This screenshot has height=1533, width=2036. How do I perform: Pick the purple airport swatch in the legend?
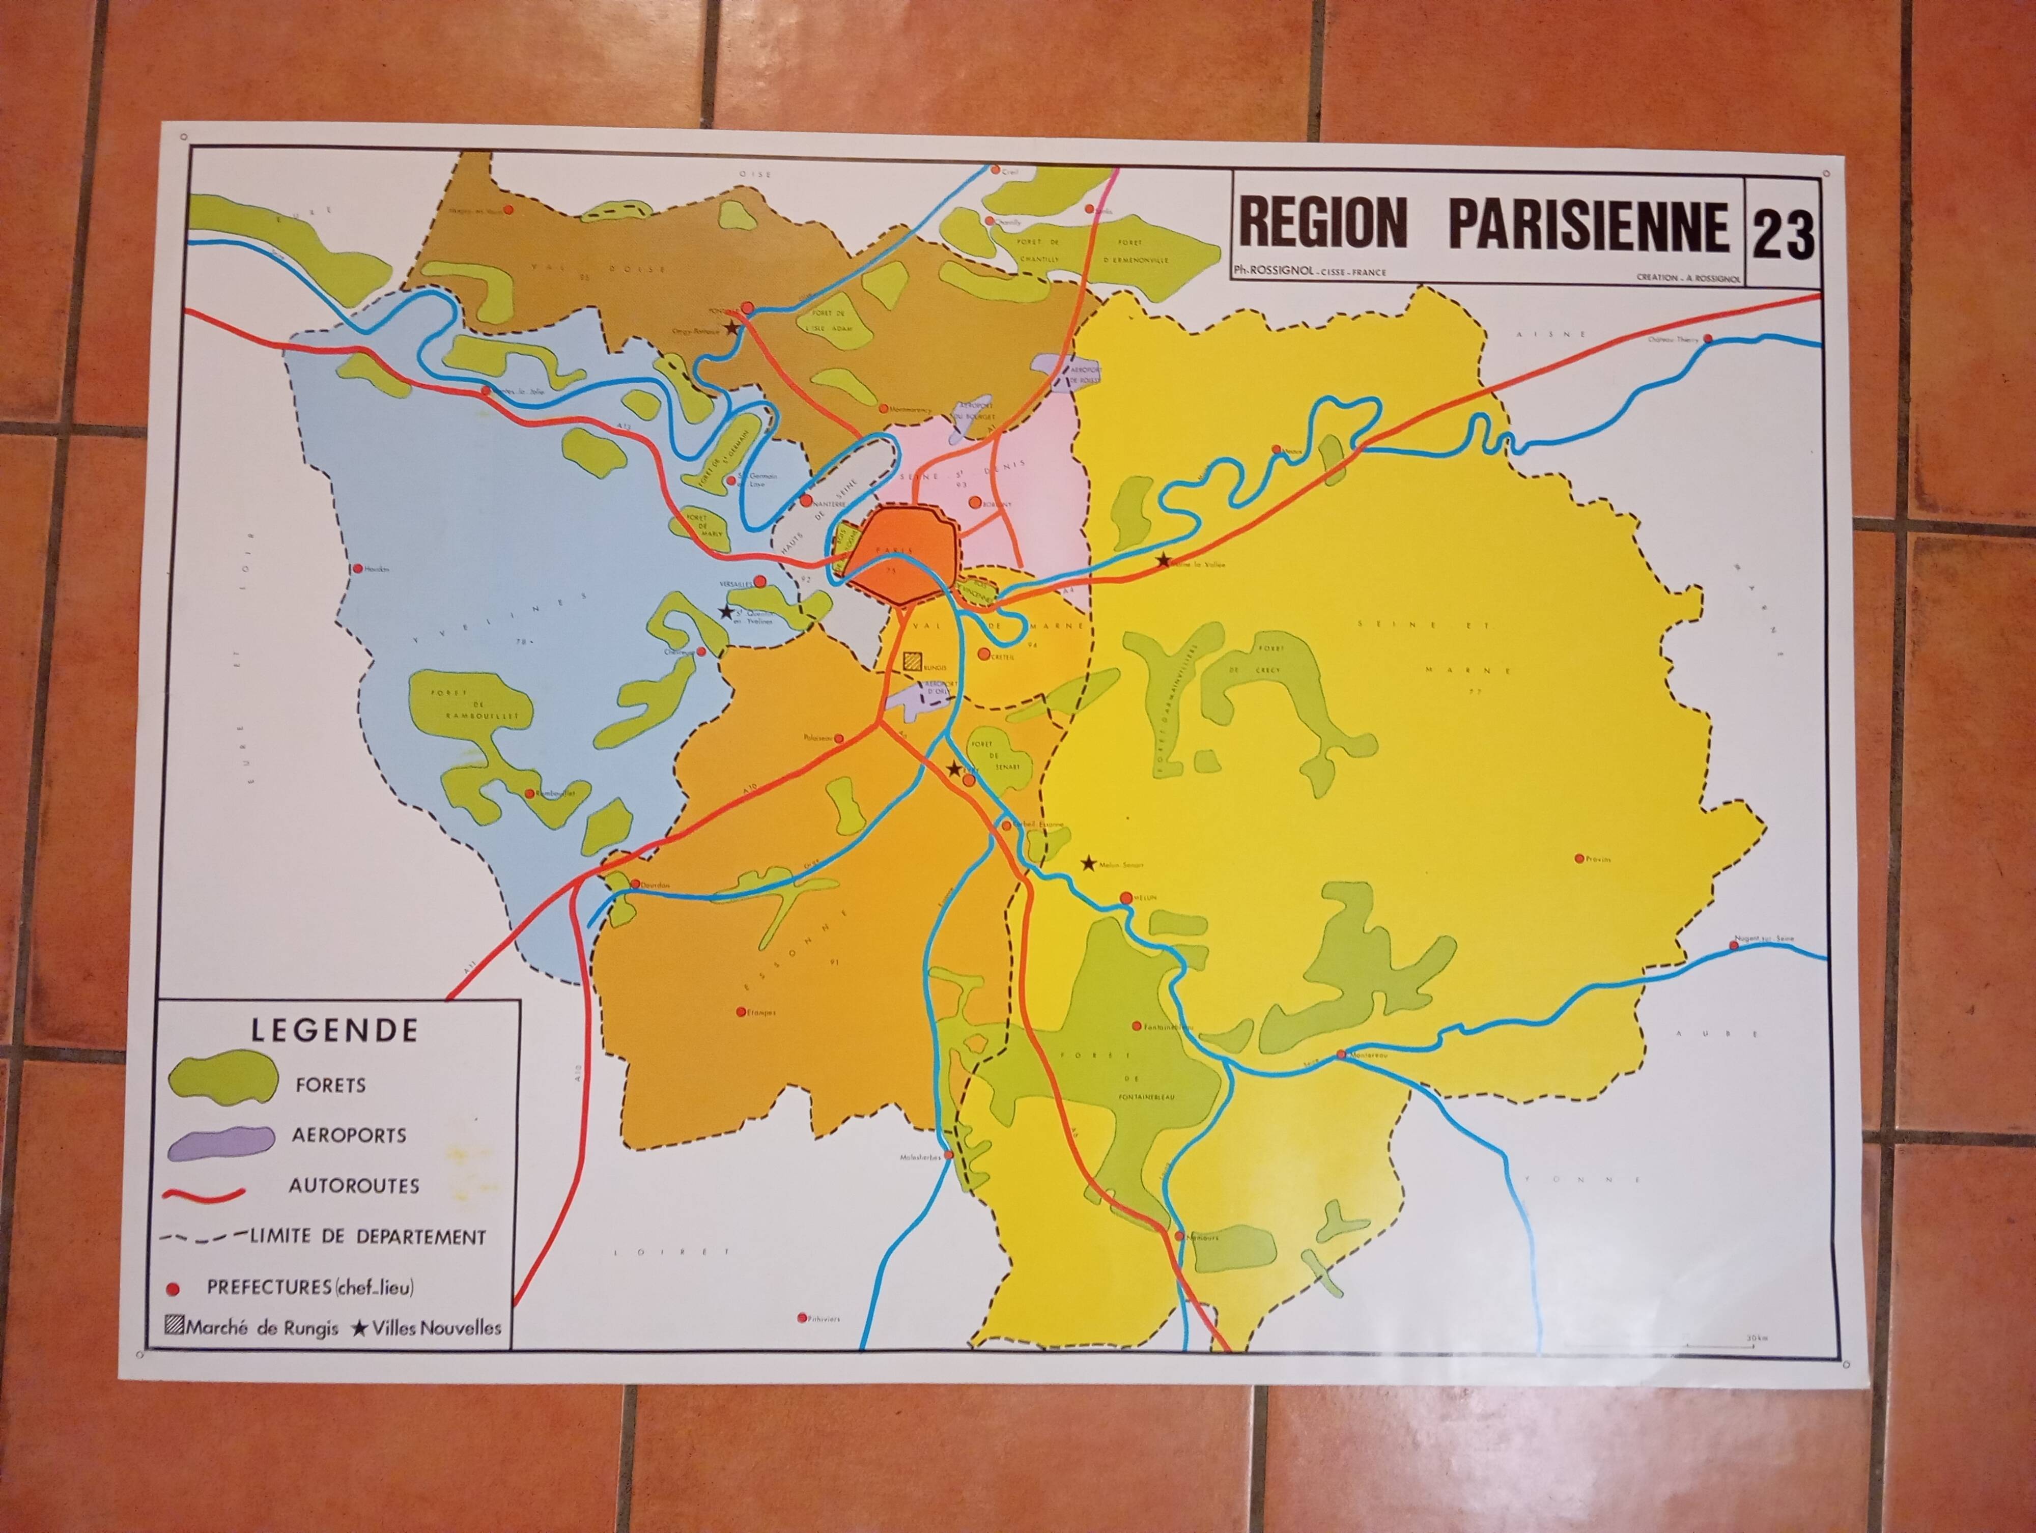pos(222,1141)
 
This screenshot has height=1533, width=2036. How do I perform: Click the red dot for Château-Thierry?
pos(1708,338)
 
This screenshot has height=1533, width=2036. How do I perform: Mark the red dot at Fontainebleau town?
pos(1137,1025)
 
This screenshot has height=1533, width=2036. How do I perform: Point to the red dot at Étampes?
pos(740,1011)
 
